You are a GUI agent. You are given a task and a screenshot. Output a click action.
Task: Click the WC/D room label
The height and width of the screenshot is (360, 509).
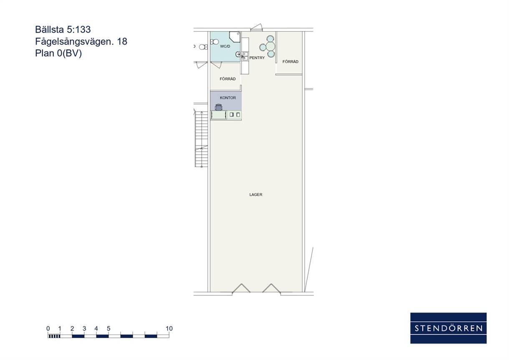click(225, 46)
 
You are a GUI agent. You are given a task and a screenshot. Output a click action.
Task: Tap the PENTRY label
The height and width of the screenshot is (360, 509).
click(257, 58)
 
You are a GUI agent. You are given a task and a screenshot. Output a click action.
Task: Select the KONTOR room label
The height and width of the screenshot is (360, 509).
click(228, 98)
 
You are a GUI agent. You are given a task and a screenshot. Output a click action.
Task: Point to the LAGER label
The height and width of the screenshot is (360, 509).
click(256, 194)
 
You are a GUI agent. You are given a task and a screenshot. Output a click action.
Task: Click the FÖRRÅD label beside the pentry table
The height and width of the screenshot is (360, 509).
click(290, 62)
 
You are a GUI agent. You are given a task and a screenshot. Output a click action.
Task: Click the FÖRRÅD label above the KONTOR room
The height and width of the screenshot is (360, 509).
click(227, 79)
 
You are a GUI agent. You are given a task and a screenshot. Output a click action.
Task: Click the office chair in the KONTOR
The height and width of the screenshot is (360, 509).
click(219, 107)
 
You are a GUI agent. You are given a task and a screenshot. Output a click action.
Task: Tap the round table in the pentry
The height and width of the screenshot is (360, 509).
click(270, 47)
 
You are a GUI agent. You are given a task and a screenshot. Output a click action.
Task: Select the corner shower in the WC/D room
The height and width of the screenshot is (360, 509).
click(235, 37)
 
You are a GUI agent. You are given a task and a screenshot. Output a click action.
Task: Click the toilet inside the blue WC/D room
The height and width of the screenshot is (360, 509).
click(214, 42)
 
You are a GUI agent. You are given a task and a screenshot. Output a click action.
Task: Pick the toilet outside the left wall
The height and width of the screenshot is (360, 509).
click(203, 47)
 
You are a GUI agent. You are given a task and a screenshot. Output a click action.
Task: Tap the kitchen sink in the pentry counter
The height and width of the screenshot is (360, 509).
click(245, 56)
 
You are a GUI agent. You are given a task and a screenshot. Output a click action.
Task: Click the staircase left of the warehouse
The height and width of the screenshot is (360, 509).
click(202, 139)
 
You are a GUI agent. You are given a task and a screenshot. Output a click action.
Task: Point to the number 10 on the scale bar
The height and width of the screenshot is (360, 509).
click(169, 328)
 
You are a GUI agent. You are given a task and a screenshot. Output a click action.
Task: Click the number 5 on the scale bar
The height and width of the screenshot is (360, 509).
click(108, 328)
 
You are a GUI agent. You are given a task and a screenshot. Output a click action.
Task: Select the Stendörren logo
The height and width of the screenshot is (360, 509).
click(449, 328)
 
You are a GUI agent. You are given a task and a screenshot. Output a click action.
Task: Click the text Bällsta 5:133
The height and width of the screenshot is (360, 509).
click(63, 30)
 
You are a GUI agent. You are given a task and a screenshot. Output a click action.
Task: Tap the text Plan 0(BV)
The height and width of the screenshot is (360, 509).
click(58, 53)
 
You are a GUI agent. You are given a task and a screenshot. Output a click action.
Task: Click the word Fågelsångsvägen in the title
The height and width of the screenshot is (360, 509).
click(74, 42)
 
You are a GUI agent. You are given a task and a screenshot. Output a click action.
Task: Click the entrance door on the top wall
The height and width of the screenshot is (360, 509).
click(257, 28)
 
